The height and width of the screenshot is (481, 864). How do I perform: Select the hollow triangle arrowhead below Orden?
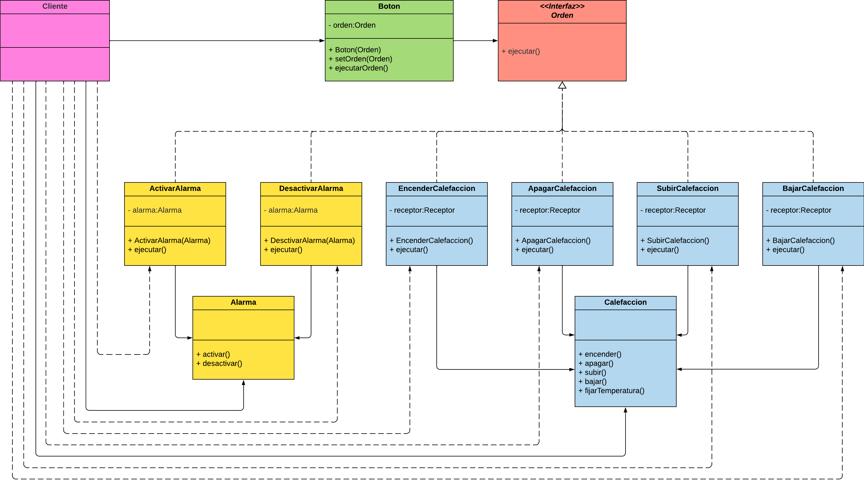pyautogui.click(x=562, y=85)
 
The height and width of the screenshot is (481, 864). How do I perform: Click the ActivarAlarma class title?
pyautogui.click(x=175, y=188)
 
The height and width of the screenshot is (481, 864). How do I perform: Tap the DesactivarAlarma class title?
pyautogui.click(x=311, y=188)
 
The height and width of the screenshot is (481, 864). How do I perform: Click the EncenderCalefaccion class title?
pyautogui.click(x=437, y=188)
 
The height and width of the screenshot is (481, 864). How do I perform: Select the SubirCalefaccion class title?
pyautogui.click(x=688, y=188)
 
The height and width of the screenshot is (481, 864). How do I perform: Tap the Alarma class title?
pyautogui.click(x=243, y=302)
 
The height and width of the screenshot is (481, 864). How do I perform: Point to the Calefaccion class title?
pyautogui.click(x=625, y=302)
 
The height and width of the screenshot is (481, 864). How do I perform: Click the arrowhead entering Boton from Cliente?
pyautogui.click(x=322, y=41)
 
